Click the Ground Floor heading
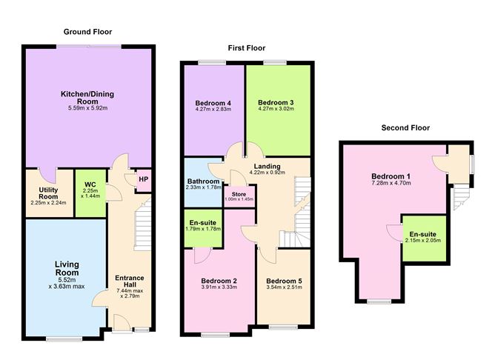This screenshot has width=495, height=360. click(87, 32)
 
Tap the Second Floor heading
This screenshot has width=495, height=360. click(405, 127)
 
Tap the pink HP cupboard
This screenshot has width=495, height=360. click(142, 179)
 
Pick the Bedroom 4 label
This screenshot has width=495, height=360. click(213, 102)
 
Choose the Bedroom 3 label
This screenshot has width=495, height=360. click(276, 102)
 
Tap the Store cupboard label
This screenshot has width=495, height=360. click(240, 196)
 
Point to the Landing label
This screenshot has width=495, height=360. click(266, 167)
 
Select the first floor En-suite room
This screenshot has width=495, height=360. click(203, 224)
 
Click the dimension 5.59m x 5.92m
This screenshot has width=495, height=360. click(88, 108)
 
